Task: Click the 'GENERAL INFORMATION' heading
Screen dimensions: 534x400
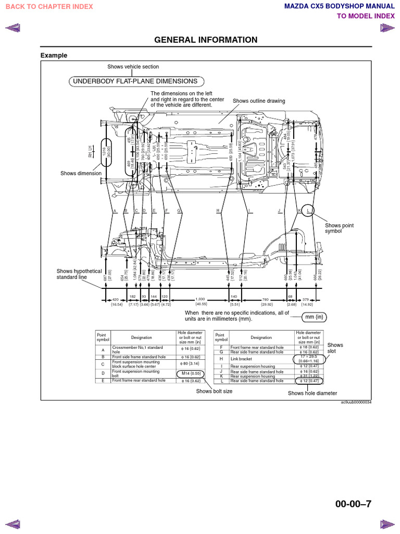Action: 206,40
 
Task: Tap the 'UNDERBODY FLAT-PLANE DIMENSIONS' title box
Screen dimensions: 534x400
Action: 135,81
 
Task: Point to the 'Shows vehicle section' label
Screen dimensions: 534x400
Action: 133,67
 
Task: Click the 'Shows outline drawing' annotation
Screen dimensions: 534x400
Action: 259,101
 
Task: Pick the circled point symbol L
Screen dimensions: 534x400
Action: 308,211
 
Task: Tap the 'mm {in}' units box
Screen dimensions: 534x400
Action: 316,318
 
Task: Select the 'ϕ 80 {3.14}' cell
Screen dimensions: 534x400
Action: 190,363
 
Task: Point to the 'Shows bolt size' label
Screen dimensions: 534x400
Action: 214,391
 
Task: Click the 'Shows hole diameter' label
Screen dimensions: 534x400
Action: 312,393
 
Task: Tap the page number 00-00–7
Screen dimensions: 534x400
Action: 354,504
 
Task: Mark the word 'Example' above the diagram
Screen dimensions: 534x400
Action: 54,56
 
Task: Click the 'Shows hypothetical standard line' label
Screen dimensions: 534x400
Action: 79,274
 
